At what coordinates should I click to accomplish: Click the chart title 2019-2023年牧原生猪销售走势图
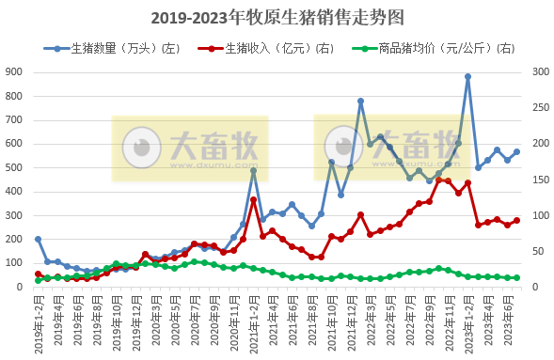pos(277,17)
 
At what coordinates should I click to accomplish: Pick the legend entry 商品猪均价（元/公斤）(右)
pos(432,48)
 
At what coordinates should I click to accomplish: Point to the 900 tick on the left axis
pos(16,71)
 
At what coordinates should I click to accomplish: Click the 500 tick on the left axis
pos(16,167)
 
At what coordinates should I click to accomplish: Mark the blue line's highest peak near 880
pos(467,77)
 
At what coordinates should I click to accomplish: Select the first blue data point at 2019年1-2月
pos(38,239)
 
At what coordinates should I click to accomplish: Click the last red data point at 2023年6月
pos(516,220)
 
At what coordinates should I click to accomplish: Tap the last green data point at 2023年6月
pos(516,278)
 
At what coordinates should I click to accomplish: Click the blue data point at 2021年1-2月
pos(253,170)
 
